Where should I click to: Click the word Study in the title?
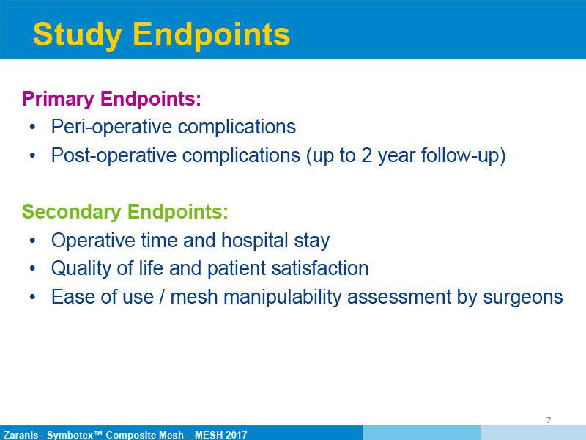[78, 34]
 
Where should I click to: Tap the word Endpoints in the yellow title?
[212, 34]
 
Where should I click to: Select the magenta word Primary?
[59, 99]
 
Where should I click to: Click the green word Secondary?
[72, 212]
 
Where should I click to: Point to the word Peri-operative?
[111, 127]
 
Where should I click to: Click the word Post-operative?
[114, 155]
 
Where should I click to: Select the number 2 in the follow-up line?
[367, 155]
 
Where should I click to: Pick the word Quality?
[81, 268]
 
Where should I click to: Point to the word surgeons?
[523, 298]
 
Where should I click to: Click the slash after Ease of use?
[162, 297]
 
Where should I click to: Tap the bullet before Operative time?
[32, 241]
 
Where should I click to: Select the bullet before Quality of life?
[32, 268]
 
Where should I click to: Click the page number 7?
[548, 420]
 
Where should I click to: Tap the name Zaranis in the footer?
[21, 435]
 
